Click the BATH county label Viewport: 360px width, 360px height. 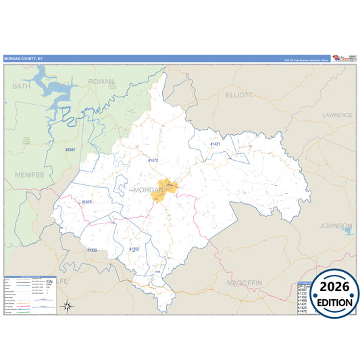(x=22, y=86)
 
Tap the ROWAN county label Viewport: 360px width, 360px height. (x=102, y=82)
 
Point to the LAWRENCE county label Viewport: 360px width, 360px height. (x=337, y=115)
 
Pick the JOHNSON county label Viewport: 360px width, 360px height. (x=336, y=226)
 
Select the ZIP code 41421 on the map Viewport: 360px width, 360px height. (x=215, y=145)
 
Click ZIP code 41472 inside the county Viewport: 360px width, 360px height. (x=153, y=161)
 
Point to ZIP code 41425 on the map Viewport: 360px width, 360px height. (x=86, y=202)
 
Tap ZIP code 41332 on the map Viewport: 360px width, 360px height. (x=92, y=251)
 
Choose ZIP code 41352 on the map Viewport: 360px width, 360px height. (x=134, y=249)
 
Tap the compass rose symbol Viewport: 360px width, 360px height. (x=68, y=306)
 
